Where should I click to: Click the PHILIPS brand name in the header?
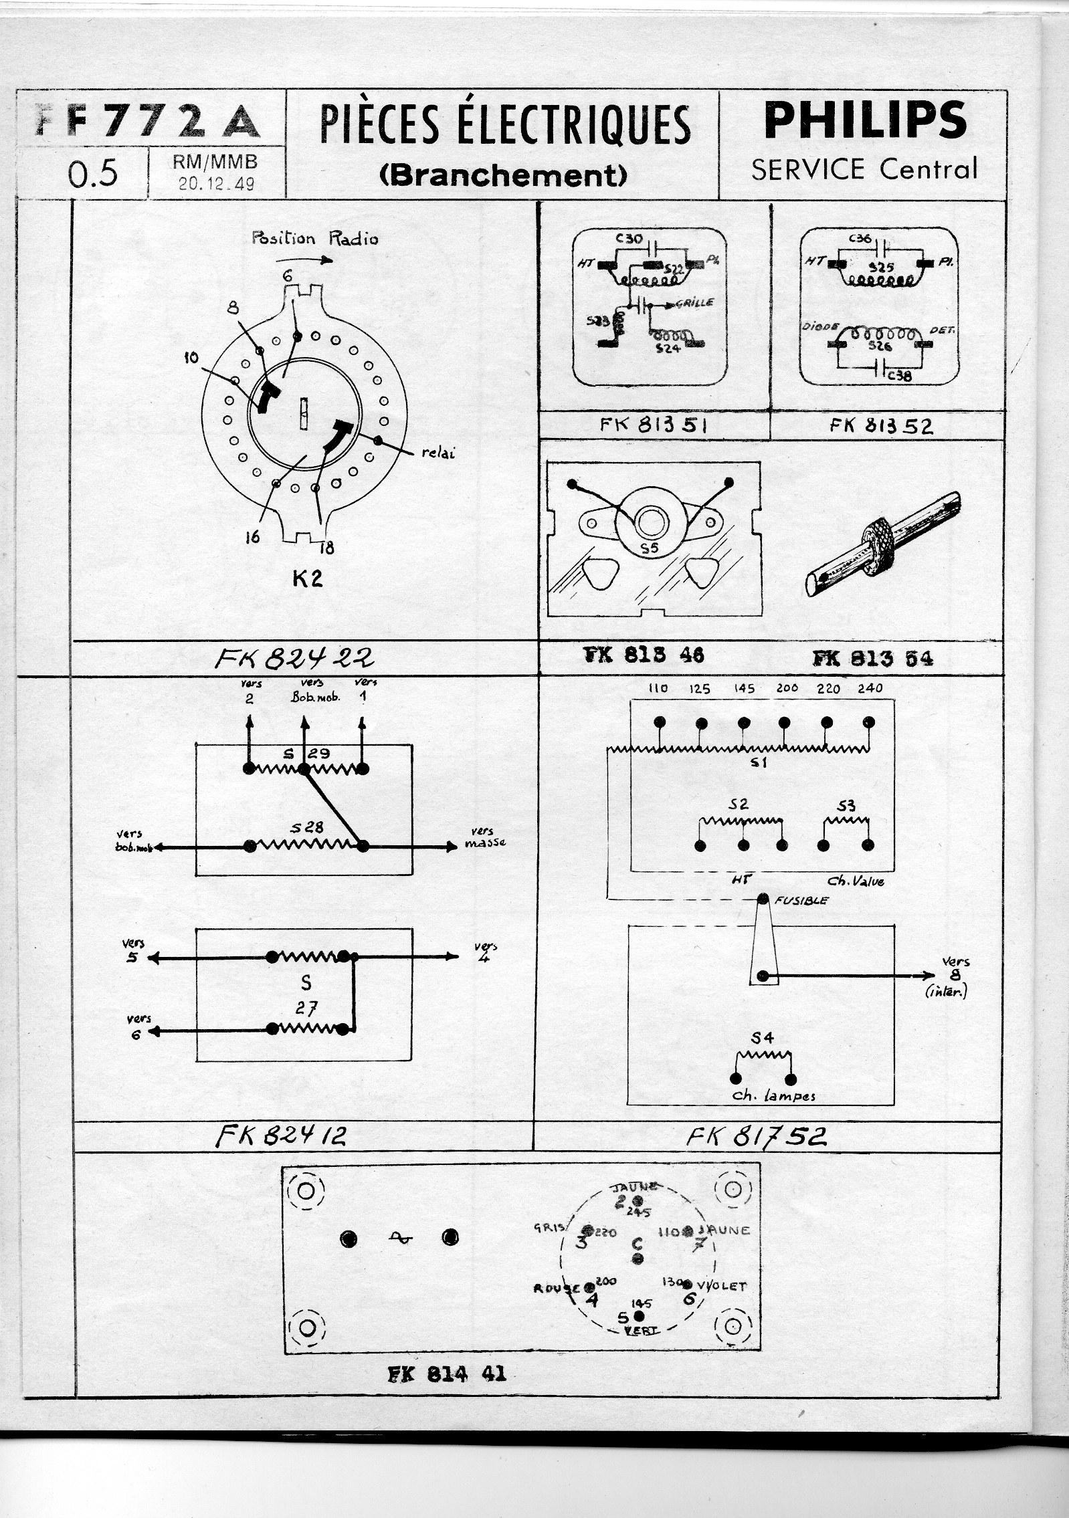pos(864,120)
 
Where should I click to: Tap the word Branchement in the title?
pos(502,175)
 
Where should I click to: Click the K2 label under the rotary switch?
pos(307,578)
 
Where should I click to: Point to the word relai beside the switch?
pos(438,453)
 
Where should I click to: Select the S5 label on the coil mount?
pos(649,548)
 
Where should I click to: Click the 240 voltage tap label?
pos(870,688)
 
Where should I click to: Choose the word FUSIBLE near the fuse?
pos(801,900)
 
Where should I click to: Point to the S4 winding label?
pos(762,1037)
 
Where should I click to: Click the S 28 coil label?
pos(306,827)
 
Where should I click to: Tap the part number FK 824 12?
pos(280,1135)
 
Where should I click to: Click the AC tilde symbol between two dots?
pos(399,1238)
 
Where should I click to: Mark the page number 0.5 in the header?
pos(93,173)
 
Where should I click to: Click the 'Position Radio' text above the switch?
pos(314,238)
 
